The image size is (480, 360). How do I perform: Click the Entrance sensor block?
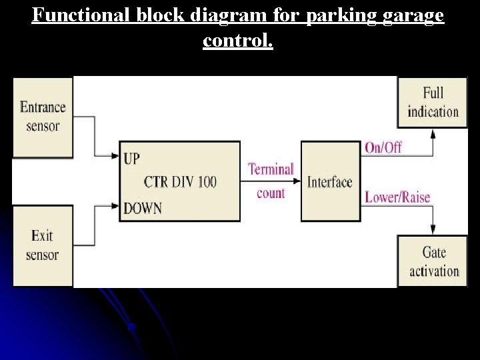43,117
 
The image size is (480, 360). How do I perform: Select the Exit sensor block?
43,245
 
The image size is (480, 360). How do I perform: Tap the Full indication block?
433,102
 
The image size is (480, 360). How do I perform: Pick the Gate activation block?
433,261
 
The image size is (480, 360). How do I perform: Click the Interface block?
330,181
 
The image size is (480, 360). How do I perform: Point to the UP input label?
132,159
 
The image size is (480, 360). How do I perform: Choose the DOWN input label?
143,208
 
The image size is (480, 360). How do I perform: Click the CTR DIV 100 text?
180,181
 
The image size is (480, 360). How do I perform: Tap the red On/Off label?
383,147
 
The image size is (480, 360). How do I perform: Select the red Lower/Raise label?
397,197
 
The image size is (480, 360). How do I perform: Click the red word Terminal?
271,169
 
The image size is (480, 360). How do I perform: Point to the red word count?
271,193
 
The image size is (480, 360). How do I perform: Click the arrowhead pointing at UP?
115,157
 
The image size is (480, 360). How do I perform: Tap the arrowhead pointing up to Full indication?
433,133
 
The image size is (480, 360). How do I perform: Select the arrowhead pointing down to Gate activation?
433,230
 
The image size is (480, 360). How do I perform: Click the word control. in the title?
238,41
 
